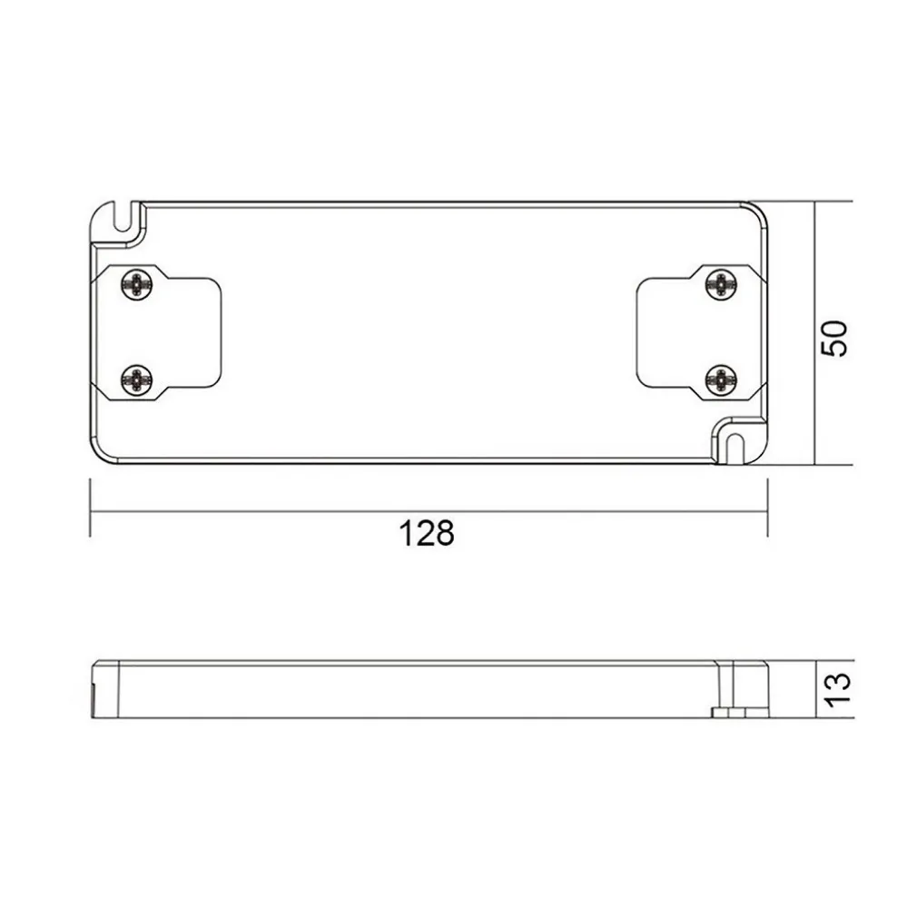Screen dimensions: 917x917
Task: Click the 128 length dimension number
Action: coord(427,533)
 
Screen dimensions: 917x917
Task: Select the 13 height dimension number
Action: coord(836,689)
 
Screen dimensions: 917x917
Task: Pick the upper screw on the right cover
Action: coord(720,284)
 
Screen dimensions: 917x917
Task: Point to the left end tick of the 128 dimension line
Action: coord(90,509)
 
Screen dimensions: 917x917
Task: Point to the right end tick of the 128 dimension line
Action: coord(767,509)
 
